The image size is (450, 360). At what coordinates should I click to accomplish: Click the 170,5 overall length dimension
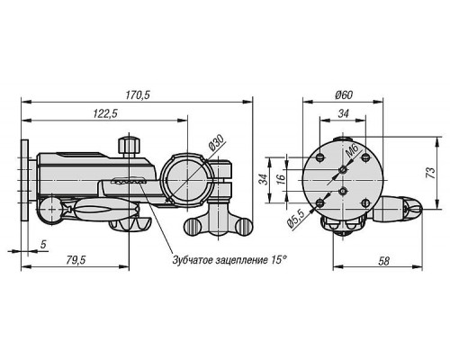(x=138, y=95)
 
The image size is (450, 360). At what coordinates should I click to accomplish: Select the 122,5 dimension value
(x=105, y=113)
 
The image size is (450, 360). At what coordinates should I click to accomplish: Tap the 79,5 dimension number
(x=76, y=260)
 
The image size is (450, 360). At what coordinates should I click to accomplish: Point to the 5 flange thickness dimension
(x=43, y=245)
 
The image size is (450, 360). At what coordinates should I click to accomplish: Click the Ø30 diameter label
(x=217, y=142)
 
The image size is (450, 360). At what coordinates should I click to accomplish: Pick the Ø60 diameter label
(x=344, y=95)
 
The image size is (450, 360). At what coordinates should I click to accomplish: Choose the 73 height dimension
(x=430, y=173)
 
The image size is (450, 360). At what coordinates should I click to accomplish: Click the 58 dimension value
(x=383, y=261)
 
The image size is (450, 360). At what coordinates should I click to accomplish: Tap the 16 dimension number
(x=281, y=179)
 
